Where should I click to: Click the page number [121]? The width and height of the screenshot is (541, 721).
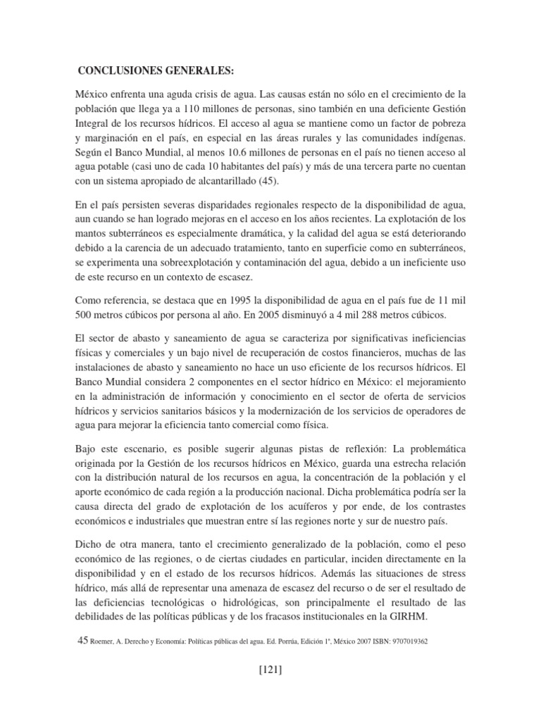pos(270,670)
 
